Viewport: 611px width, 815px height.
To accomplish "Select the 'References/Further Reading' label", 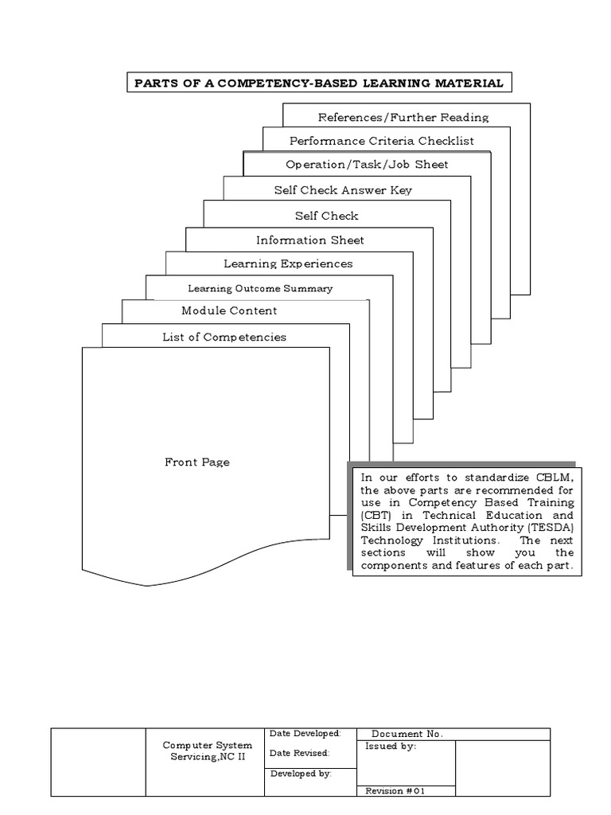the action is (x=403, y=117).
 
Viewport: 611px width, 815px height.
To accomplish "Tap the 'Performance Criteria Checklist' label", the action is (x=382, y=141).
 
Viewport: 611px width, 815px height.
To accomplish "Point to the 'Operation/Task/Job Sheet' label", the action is (x=367, y=165).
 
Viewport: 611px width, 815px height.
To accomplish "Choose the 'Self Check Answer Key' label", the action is (x=343, y=190).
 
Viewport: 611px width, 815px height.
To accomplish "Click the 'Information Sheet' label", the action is (x=310, y=240).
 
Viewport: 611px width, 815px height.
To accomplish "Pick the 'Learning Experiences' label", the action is (x=288, y=263).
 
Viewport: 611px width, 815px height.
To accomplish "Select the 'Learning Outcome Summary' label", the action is (x=260, y=288).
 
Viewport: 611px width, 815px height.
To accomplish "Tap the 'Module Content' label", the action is (x=229, y=310).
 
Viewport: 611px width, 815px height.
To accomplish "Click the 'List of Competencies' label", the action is (x=224, y=337).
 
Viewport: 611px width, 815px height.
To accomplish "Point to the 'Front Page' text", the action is (x=197, y=462).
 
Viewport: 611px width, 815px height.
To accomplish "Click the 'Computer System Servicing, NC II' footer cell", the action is (x=207, y=751).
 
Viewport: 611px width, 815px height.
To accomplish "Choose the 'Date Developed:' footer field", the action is (x=305, y=733).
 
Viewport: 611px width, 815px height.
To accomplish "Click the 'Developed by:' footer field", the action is (x=302, y=773).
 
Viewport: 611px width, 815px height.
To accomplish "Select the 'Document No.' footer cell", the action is (x=407, y=734).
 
